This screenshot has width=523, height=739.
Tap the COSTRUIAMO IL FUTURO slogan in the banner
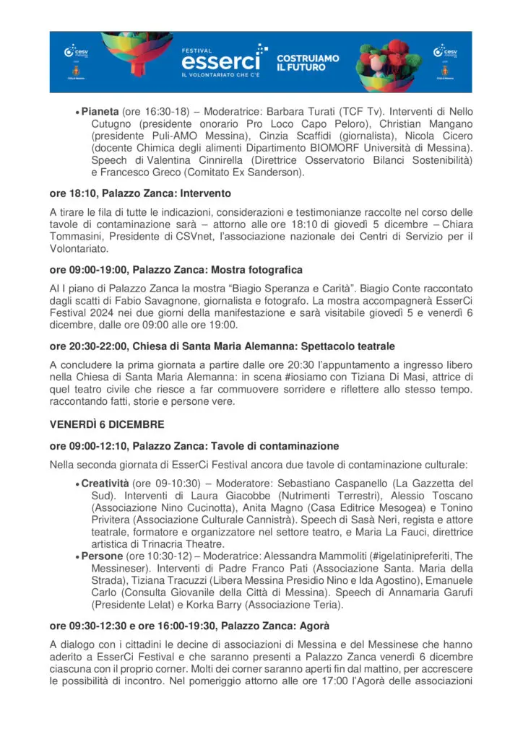(308, 62)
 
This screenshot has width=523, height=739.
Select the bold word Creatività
(105, 483)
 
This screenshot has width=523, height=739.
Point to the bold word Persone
(103, 557)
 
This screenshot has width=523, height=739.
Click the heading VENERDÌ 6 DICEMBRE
(106, 424)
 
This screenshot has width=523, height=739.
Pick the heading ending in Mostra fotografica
(176, 270)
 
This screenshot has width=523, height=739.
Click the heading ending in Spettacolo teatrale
(222, 346)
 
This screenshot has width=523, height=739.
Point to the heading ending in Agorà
(190, 626)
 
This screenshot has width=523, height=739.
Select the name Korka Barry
(218, 606)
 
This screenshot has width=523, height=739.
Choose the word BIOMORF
(321, 149)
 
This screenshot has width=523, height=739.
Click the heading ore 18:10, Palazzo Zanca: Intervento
(139, 193)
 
